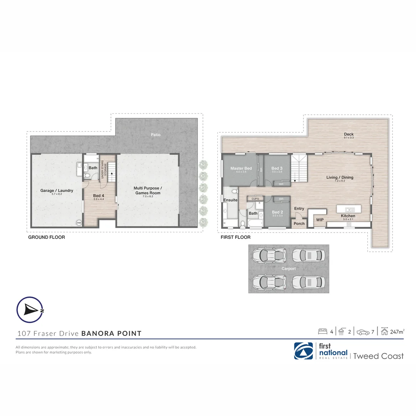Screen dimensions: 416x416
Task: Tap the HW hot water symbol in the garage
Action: click(x=79, y=223)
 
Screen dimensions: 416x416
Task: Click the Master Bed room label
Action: click(x=241, y=168)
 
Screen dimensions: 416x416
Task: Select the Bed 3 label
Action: click(x=277, y=168)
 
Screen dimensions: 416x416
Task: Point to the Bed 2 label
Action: click(x=277, y=212)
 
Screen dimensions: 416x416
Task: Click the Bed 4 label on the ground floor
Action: click(x=99, y=196)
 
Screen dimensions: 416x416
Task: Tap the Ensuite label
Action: click(x=230, y=200)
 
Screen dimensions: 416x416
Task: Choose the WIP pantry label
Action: click(x=320, y=220)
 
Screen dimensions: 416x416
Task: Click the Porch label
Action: click(x=299, y=223)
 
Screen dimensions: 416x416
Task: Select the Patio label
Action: click(x=156, y=135)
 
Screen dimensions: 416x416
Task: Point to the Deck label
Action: click(x=349, y=134)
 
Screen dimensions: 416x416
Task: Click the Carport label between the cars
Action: click(x=289, y=269)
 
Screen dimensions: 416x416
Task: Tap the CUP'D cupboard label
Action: click(x=255, y=199)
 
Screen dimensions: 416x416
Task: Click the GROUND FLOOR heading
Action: click(x=47, y=237)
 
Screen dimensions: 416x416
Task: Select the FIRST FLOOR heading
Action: click(x=235, y=237)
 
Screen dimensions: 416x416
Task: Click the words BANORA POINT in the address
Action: click(x=111, y=333)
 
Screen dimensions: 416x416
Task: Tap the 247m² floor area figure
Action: click(x=396, y=331)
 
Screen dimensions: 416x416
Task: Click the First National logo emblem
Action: click(x=304, y=351)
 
